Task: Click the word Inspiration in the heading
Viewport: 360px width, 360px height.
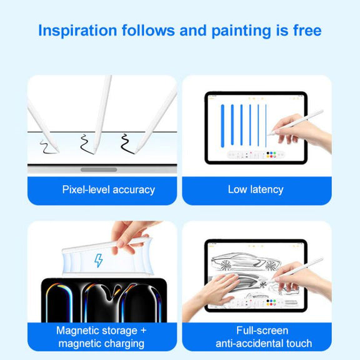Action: click(x=78, y=31)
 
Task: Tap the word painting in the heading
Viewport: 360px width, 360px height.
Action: click(x=241, y=31)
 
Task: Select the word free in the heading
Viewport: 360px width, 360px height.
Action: click(x=307, y=30)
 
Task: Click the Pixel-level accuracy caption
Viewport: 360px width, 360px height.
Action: click(x=108, y=190)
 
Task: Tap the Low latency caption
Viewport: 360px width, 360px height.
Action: click(x=256, y=189)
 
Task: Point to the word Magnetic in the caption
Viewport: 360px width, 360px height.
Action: click(x=77, y=331)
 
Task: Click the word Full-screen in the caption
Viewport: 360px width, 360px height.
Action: click(x=262, y=331)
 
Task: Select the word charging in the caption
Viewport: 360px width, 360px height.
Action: click(x=124, y=344)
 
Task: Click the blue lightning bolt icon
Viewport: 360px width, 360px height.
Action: click(x=99, y=261)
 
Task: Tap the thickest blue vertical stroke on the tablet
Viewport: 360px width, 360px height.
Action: click(x=222, y=126)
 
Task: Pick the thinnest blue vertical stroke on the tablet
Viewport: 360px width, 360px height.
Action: click(x=266, y=126)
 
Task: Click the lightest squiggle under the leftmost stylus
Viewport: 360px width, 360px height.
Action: click(x=47, y=147)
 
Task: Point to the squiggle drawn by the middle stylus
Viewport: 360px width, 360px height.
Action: click(x=87, y=144)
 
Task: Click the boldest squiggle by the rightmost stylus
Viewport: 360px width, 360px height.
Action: click(x=127, y=144)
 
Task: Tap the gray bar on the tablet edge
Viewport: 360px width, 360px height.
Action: click(x=99, y=169)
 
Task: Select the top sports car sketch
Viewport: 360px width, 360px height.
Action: click(x=246, y=261)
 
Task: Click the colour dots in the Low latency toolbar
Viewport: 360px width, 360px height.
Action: click(x=271, y=155)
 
